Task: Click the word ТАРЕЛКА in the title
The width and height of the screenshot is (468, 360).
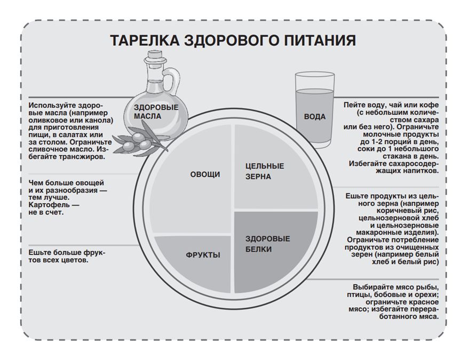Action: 145,40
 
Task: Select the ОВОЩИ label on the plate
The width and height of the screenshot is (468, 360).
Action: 205,174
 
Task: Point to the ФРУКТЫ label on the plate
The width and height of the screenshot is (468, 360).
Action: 203,255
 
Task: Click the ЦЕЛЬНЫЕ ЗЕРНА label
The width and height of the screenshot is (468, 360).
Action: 265,171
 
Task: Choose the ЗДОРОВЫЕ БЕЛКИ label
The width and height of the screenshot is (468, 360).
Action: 267,244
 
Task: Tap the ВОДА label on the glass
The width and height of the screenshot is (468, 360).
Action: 315,117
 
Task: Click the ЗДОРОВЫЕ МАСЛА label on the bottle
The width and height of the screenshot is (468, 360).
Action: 156,112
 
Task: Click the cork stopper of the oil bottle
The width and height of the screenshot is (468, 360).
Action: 154,54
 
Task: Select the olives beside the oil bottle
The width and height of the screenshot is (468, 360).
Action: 137,142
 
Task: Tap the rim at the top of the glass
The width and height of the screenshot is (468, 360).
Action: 315,75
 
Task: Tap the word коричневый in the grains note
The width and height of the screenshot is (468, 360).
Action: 407,211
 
